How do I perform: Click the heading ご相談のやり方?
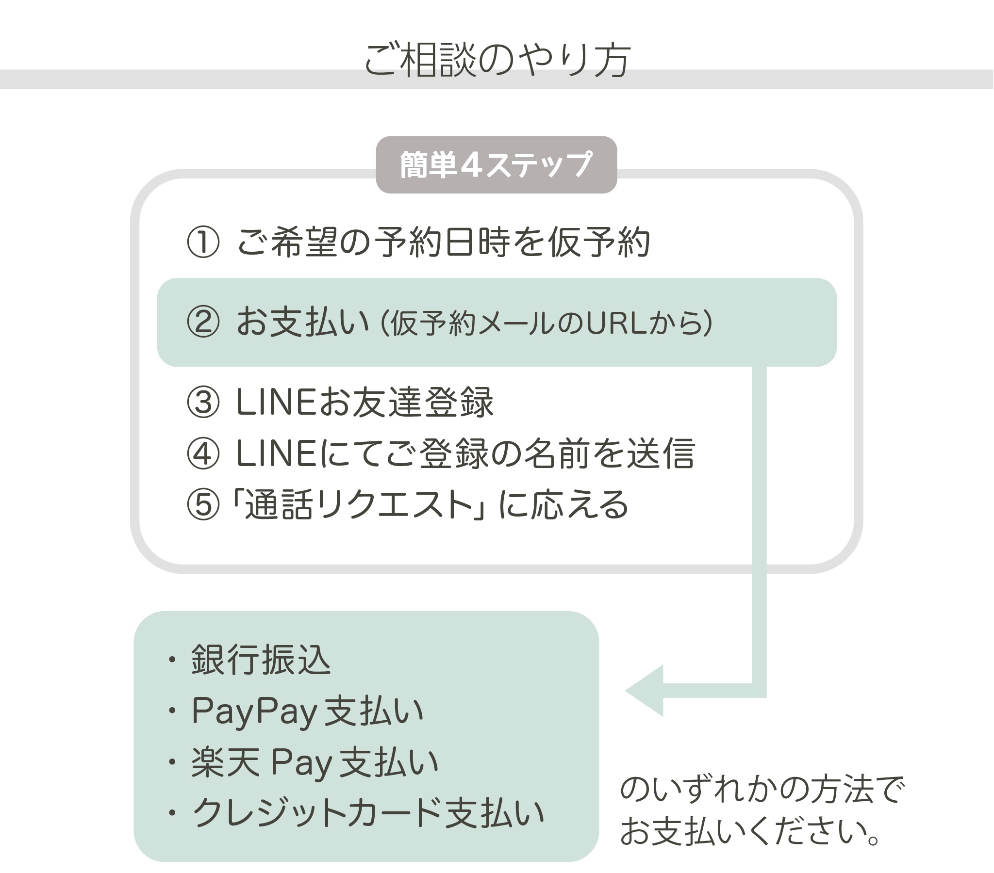pyautogui.click(x=497, y=60)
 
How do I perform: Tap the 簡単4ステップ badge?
pyautogui.click(x=496, y=164)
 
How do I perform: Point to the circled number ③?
pyautogui.click(x=203, y=402)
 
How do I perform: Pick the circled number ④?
pyautogui.click(x=203, y=453)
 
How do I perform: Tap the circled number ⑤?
pyautogui.click(x=203, y=504)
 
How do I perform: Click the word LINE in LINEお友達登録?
pyautogui.click(x=276, y=402)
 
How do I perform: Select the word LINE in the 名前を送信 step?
pyautogui.click(x=276, y=453)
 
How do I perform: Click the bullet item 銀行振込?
pyautogui.click(x=261, y=660)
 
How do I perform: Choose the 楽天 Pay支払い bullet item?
pyautogui.click(x=315, y=761)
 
